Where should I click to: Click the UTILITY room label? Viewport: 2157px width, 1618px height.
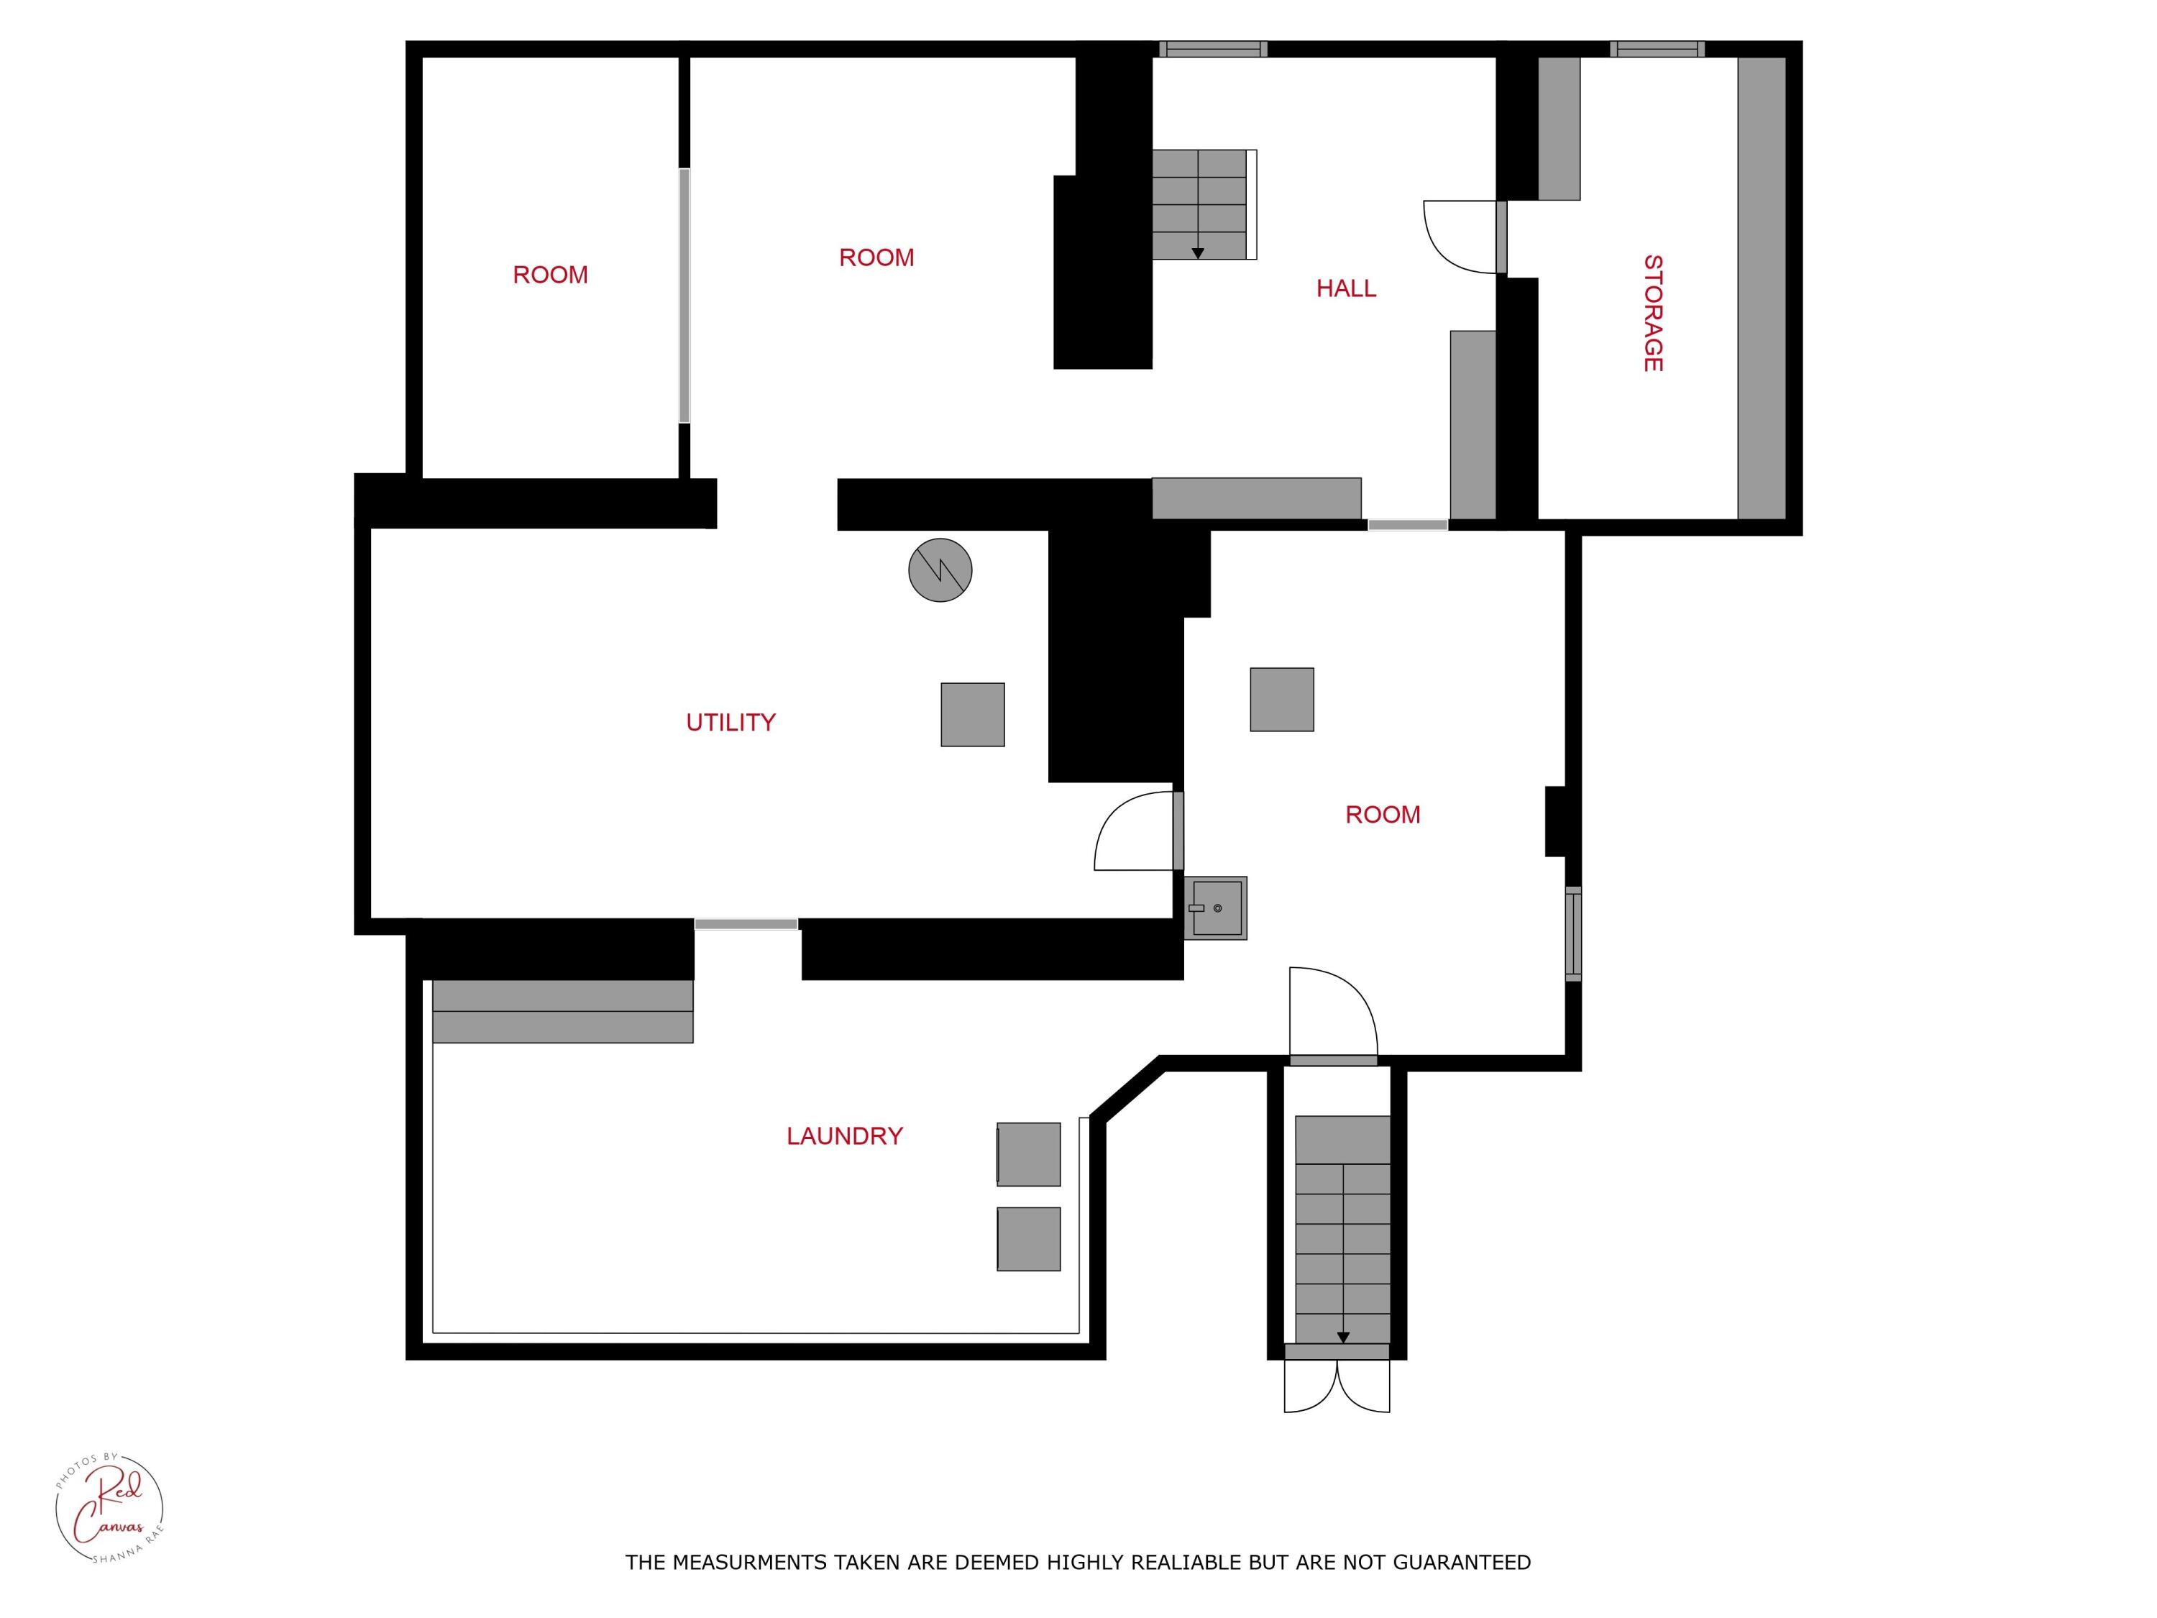(x=731, y=723)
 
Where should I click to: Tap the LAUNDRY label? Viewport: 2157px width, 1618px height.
(x=845, y=1136)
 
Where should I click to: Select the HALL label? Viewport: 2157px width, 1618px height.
(x=1346, y=288)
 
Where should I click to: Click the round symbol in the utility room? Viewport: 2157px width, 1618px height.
(x=940, y=570)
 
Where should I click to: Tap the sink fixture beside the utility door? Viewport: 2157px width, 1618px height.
(x=1216, y=908)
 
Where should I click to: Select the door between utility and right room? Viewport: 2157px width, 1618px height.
(x=1136, y=832)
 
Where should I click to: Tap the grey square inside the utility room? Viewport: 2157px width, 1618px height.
(x=972, y=715)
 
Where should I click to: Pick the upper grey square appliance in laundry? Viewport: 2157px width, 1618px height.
(x=1029, y=1155)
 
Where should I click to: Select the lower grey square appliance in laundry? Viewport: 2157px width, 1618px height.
(x=1029, y=1240)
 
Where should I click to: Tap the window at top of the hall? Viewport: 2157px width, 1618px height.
(x=1212, y=49)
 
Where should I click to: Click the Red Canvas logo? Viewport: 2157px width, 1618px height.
(x=109, y=1508)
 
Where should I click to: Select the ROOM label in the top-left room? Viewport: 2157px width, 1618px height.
(x=550, y=275)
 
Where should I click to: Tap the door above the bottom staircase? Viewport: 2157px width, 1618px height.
(x=1333, y=1014)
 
